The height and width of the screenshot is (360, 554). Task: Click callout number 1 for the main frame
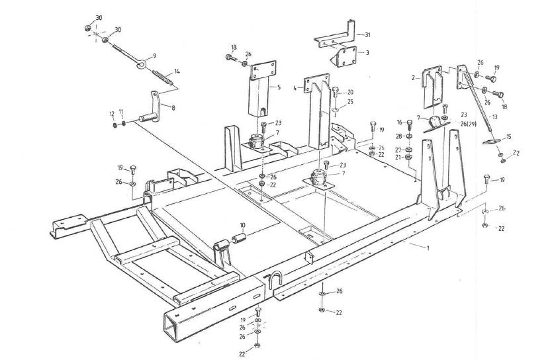(428, 247)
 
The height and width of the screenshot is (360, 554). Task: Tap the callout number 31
(367, 34)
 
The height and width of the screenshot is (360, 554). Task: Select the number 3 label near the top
(367, 52)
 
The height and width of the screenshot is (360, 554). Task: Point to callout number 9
(154, 56)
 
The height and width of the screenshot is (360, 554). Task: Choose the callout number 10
(242, 226)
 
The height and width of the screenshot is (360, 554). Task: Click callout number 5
(279, 87)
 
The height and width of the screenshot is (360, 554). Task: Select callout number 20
(350, 92)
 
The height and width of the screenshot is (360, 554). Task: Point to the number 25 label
(350, 102)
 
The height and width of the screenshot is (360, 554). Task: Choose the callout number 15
(508, 136)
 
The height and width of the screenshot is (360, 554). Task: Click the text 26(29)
(469, 124)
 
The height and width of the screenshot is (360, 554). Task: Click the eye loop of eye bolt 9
(142, 64)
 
